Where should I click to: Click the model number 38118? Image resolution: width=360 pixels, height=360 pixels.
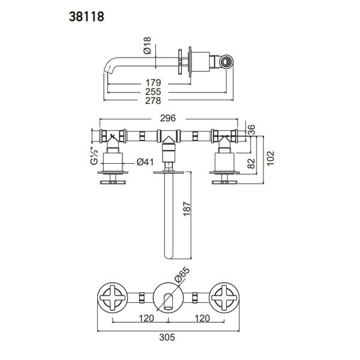(x=86, y=17)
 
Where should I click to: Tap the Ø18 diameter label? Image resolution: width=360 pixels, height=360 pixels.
(x=147, y=46)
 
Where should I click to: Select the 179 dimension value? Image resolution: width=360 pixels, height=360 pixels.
(x=154, y=83)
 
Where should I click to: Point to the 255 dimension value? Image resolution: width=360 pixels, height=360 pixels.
(x=153, y=92)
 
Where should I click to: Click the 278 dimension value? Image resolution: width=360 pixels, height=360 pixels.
(x=153, y=101)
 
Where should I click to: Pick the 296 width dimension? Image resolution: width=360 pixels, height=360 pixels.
(x=168, y=118)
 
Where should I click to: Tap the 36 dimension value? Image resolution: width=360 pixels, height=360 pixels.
(x=251, y=130)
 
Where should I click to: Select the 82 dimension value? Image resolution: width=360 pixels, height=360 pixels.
(x=251, y=163)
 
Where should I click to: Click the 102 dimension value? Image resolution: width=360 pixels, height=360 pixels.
(x=271, y=158)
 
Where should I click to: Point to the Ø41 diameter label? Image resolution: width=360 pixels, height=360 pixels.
(x=145, y=162)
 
